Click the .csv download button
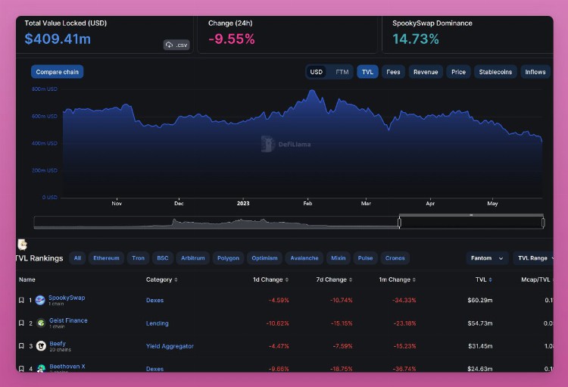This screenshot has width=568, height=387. click(176, 45)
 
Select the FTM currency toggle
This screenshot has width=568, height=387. click(342, 72)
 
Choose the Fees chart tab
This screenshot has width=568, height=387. click(393, 72)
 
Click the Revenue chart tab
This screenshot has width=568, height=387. click(426, 72)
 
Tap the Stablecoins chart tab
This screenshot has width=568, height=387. click(495, 72)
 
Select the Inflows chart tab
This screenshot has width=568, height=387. click(535, 72)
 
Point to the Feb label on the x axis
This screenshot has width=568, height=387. click(307, 203)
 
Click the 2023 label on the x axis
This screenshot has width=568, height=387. click(243, 203)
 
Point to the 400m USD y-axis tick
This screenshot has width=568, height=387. click(45, 143)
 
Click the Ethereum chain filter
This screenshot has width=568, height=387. click(106, 258)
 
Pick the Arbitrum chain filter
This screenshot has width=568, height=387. click(192, 258)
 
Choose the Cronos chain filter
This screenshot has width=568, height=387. click(395, 258)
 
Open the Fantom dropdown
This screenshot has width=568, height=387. click(487, 258)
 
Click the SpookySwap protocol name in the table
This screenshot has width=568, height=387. click(67, 298)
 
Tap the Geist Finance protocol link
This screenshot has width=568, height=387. click(67, 320)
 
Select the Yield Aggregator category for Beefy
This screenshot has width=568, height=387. click(170, 346)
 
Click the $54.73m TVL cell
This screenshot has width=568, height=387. click(479, 323)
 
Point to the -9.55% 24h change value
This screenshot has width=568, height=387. click(231, 39)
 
